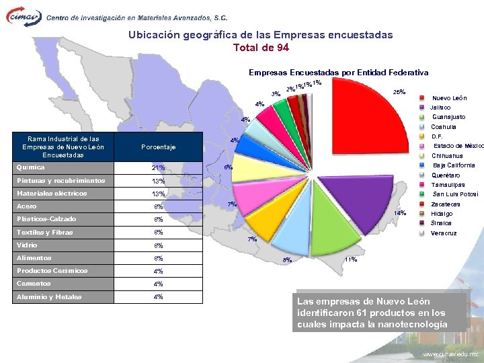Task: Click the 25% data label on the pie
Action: [x=398, y=92]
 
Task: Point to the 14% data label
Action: [x=399, y=213]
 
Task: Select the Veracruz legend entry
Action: [x=444, y=233]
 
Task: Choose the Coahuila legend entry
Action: [x=444, y=126]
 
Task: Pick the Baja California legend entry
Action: [x=454, y=165]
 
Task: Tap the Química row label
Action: [x=30, y=167]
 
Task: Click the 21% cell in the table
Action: [x=158, y=168]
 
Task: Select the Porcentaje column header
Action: [x=158, y=147]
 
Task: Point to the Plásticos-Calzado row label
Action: [x=46, y=219]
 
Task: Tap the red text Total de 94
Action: [x=261, y=48]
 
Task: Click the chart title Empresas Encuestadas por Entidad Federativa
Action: [x=338, y=72]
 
